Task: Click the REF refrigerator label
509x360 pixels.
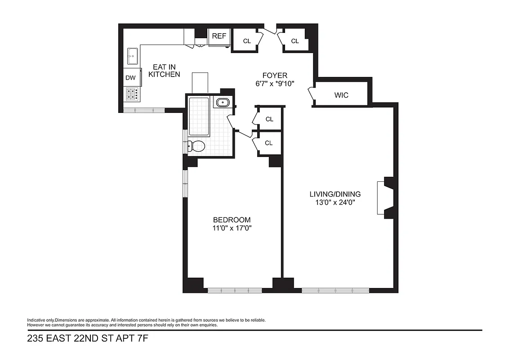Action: tap(219, 36)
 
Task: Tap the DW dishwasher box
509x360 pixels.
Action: tap(130, 78)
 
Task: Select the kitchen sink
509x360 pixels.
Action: tap(133, 56)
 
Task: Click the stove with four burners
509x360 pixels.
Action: tap(132, 94)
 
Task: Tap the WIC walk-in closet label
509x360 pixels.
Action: tap(341, 95)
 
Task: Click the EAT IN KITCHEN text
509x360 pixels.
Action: tap(164, 71)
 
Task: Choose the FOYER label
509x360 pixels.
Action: tap(274, 75)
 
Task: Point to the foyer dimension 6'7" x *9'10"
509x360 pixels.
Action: tap(274, 83)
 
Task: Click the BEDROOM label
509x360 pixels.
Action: tap(232, 220)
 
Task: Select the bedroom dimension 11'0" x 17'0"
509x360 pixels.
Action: tap(232, 228)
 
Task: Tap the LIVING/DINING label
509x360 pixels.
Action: tap(335, 194)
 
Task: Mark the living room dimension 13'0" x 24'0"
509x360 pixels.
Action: tap(335, 202)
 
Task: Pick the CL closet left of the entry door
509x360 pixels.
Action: tap(247, 41)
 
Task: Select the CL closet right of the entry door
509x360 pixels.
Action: tap(295, 41)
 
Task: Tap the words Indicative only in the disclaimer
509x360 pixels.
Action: tap(40, 320)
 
